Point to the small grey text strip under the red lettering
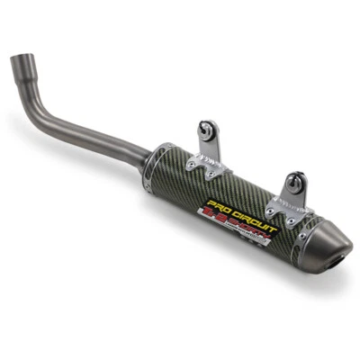[x=256, y=246]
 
